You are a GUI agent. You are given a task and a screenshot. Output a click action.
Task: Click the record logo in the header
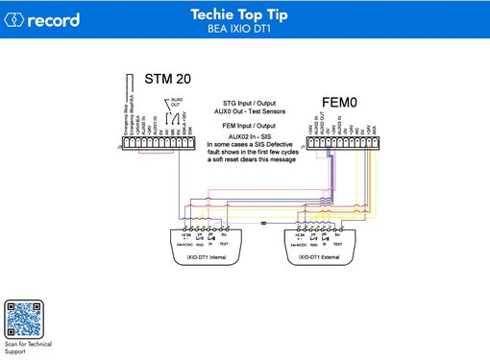tap(42, 19)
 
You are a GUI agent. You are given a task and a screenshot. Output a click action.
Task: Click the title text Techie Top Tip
tap(245, 14)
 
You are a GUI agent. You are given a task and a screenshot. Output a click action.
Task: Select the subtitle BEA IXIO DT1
tap(245, 29)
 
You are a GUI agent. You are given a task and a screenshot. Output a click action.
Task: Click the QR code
tap(27, 318)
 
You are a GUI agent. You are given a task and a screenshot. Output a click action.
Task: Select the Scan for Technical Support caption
tap(28, 348)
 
